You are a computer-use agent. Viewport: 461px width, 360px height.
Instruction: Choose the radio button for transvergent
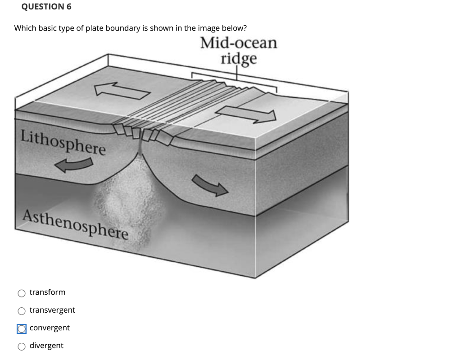(x=22, y=311)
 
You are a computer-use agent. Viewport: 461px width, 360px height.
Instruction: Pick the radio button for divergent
(x=22, y=346)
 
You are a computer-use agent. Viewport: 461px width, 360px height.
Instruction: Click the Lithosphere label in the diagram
(x=63, y=141)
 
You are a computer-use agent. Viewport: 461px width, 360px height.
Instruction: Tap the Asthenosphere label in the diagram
(x=76, y=225)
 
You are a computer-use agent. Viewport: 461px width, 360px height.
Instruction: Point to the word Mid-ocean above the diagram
(x=239, y=43)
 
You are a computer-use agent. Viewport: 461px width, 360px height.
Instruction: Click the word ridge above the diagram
(x=239, y=59)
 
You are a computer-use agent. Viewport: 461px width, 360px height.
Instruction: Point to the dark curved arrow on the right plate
(x=210, y=185)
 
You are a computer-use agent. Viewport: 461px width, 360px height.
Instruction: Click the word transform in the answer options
(x=47, y=292)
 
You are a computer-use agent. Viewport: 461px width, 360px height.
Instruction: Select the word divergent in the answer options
(x=46, y=346)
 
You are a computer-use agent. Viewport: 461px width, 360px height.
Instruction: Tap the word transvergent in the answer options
(x=52, y=310)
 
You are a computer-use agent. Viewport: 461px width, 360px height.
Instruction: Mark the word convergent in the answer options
(x=50, y=328)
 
